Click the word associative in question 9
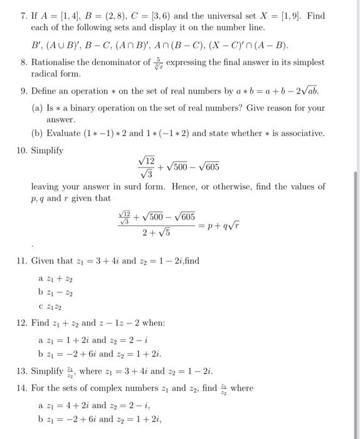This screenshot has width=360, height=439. tap(304, 134)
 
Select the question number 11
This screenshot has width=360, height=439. tap(20, 261)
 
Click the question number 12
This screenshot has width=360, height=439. tap(20, 323)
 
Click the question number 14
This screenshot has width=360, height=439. tap(20, 388)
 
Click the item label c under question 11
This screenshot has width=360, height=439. tap(41, 305)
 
